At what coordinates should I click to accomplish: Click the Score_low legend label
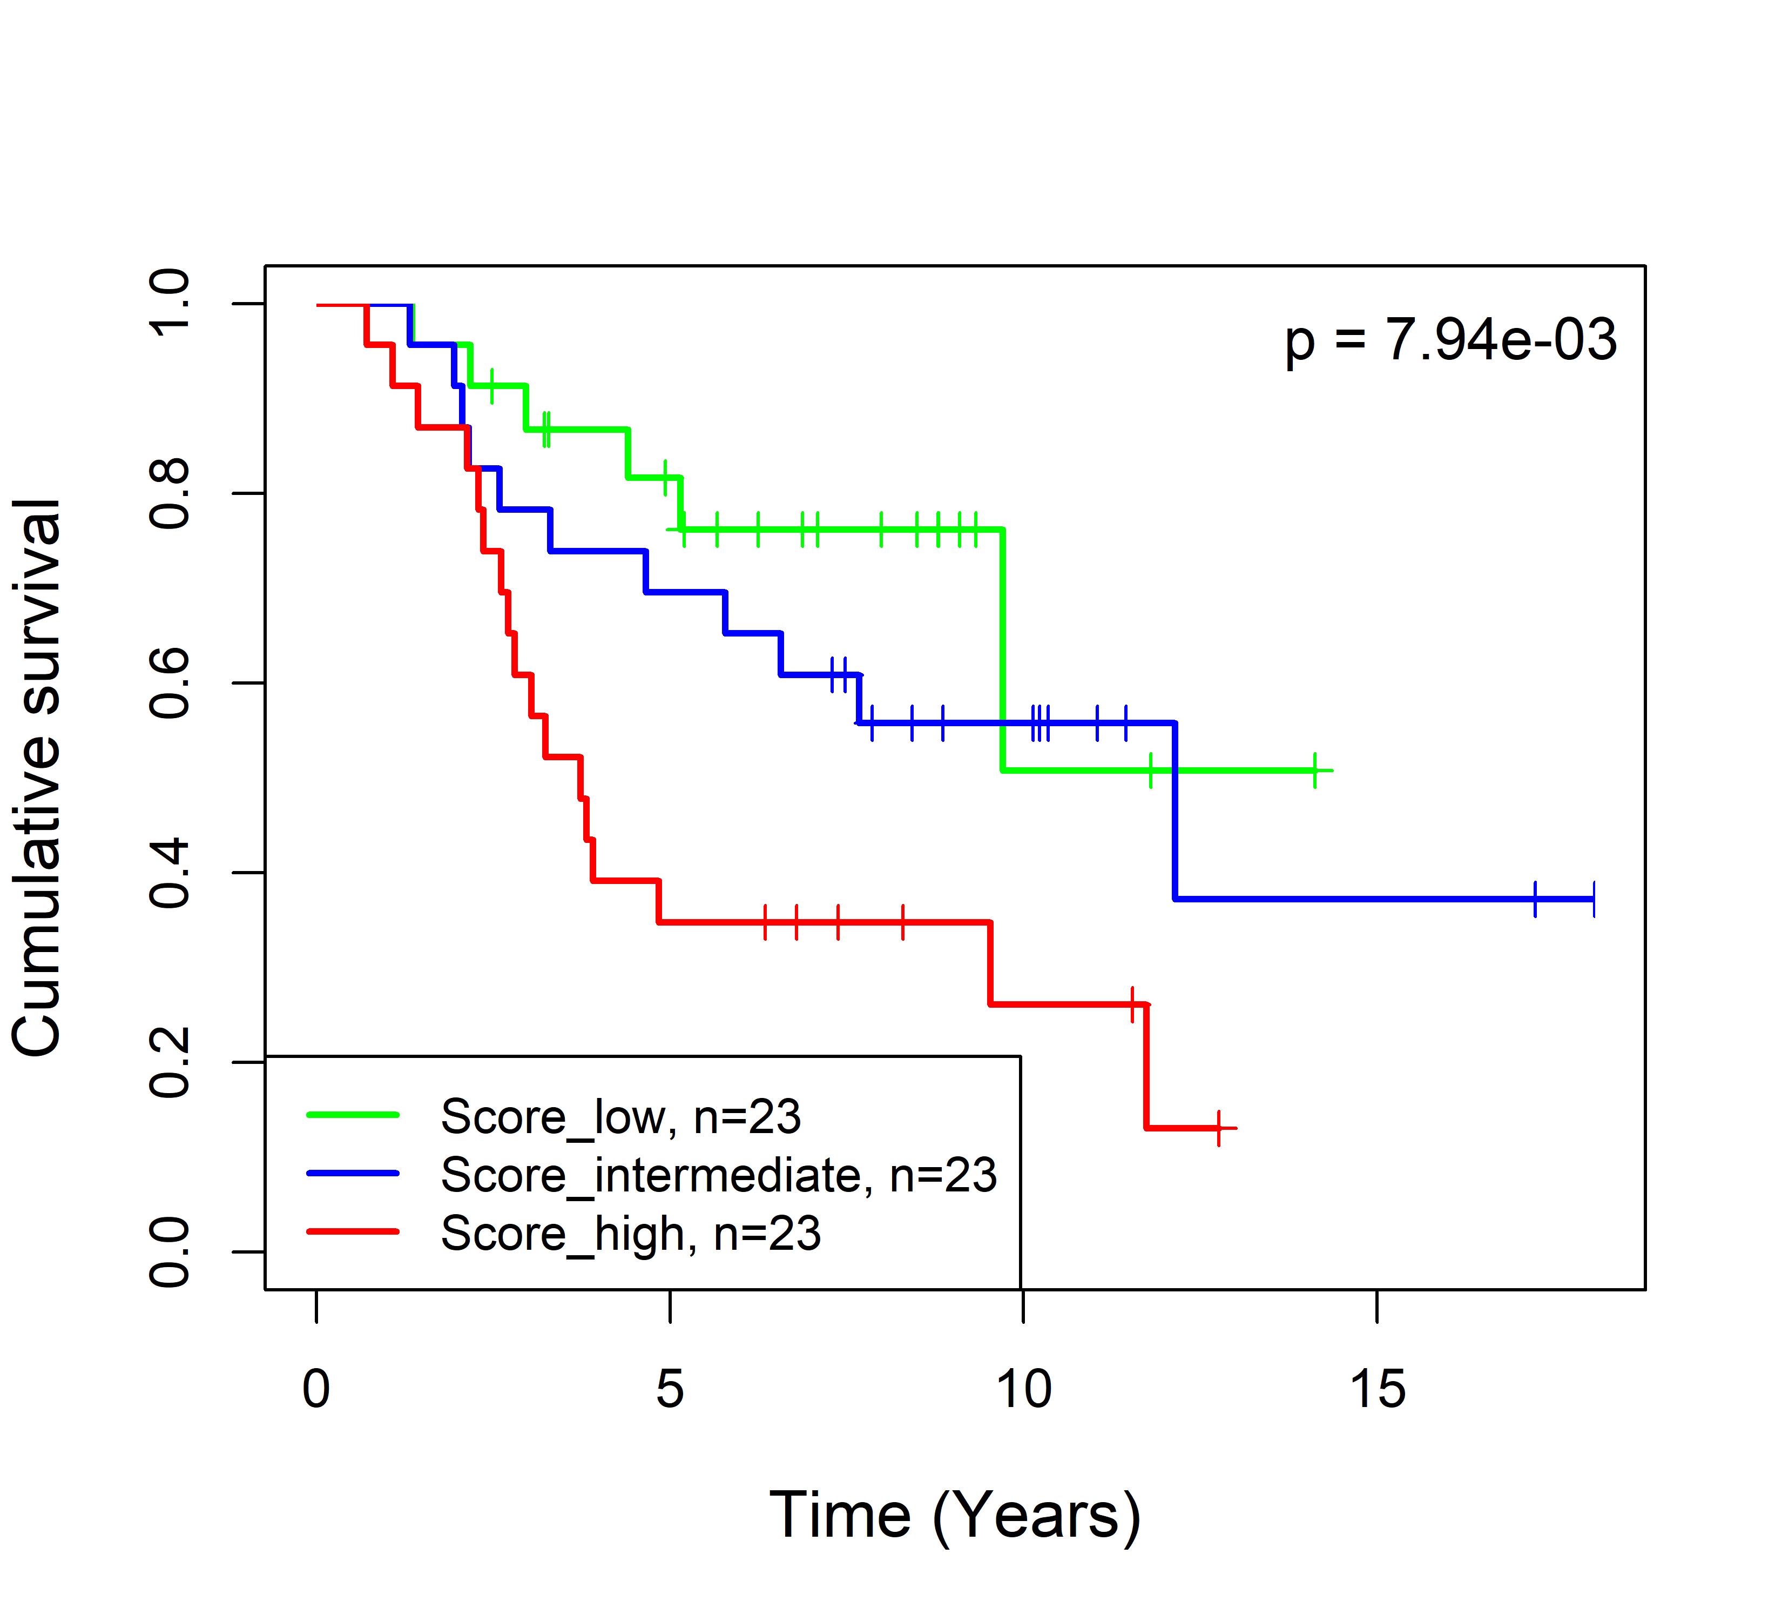[x=620, y=1117]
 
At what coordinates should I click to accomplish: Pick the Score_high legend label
[x=630, y=1234]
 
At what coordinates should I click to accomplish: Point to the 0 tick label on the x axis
[x=316, y=1389]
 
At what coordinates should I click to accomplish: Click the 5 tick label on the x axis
[x=670, y=1389]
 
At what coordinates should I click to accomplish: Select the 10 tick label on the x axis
[x=1024, y=1389]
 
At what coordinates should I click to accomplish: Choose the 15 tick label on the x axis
[x=1377, y=1389]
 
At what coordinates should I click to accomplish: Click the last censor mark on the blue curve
[x=1594, y=899]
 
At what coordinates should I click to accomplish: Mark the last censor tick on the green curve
[x=1315, y=771]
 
